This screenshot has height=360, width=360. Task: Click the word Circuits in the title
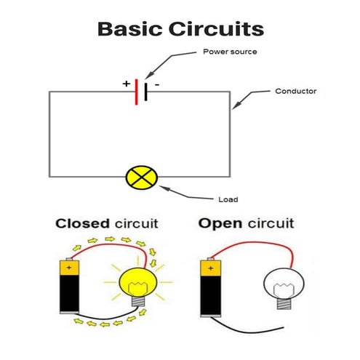coord(217,30)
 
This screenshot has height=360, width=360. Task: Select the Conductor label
coord(295,92)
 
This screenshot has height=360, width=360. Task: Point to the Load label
coord(228,199)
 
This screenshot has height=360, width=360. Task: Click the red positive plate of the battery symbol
coord(137,92)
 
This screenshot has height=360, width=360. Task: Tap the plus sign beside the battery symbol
coord(126,84)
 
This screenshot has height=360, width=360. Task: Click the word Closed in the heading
coord(81,223)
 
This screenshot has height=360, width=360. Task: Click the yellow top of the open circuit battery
coord(209,268)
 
